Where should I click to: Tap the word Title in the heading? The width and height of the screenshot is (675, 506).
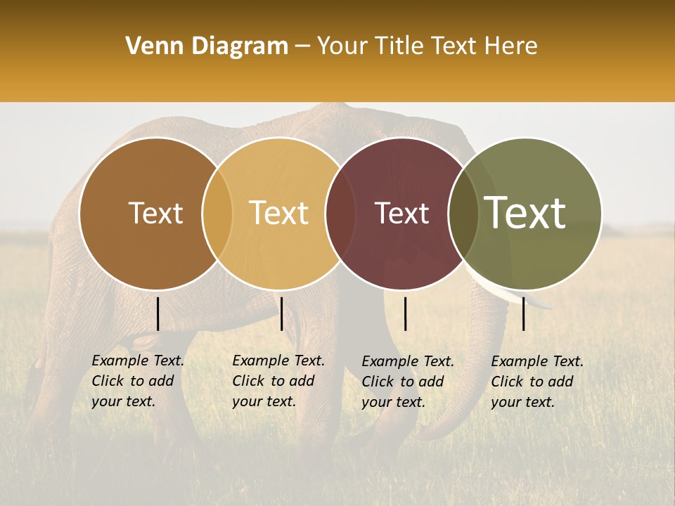tap(398, 46)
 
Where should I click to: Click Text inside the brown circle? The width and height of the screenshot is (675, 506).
tap(155, 213)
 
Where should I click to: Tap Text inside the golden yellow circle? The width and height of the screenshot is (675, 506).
tap(279, 213)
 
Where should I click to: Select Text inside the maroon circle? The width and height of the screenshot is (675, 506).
tap(402, 213)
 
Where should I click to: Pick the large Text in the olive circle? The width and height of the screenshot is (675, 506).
tap(525, 212)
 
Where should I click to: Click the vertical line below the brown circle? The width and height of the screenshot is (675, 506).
tap(157, 313)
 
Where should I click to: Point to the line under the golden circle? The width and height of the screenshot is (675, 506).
tap(281, 313)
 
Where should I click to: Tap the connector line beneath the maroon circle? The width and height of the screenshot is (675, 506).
tap(406, 313)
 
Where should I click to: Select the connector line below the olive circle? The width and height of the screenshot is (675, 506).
tap(524, 313)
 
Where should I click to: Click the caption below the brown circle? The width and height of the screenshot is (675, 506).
tap(137, 381)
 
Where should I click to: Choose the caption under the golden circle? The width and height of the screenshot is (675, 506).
tap(278, 381)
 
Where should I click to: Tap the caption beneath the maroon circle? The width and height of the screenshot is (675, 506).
tap(407, 382)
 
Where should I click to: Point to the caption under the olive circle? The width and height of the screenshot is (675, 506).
tap(536, 382)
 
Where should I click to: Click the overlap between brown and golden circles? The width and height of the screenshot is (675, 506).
tap(217, 213)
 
